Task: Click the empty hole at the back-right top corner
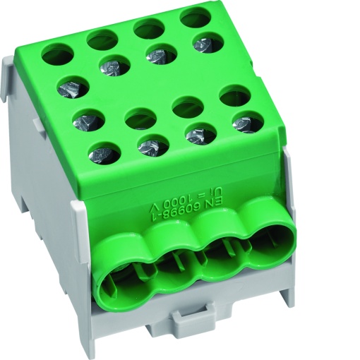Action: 194,16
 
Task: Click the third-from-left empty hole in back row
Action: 148,28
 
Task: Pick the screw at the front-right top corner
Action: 246,121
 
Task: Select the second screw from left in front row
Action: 152,145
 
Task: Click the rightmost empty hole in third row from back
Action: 235,95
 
